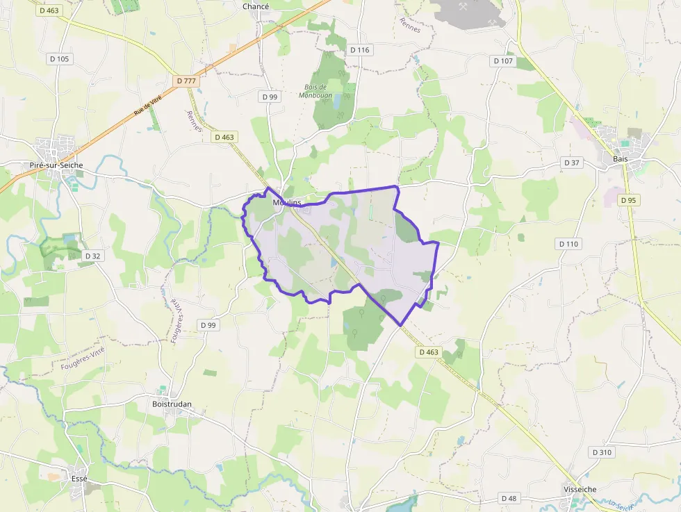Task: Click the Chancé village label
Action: [256, 6]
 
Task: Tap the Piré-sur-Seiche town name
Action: [56, 165]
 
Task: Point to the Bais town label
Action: [621, 159]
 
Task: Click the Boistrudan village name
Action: [172, 404]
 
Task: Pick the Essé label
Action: [79, 479]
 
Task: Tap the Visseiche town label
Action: [580, 489]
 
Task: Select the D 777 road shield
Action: [187, 81]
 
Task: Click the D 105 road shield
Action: [60, 59]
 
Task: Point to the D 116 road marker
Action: [360, 50]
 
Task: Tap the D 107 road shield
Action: [503, 61]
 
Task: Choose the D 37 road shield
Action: [571, 163]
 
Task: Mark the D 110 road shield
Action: [568, 244]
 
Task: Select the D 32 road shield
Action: [92, 256]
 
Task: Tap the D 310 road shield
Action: [602, 452]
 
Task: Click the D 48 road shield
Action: [509, 498]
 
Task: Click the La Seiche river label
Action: [623, 503]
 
